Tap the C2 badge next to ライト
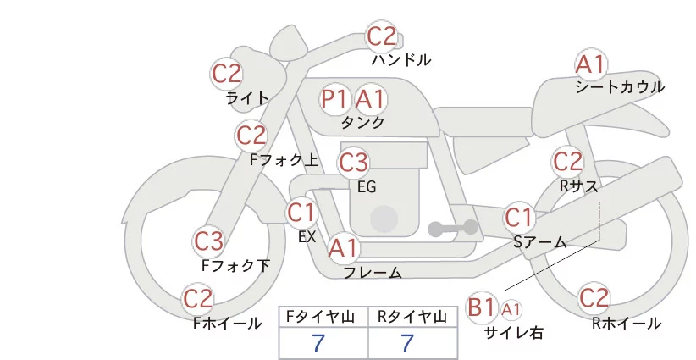227,73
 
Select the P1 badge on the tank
334,99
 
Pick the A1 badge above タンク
370,99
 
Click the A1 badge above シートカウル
590,64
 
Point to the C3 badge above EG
353,161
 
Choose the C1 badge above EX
301,211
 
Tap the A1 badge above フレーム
343,248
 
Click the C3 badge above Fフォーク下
208,241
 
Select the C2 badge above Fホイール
198,298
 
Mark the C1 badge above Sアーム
519,217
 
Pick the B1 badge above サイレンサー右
482,307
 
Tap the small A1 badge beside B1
511,308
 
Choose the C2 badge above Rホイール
594,298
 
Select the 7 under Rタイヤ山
407,343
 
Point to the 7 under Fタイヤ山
319,343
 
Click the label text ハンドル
401,60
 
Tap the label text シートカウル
619,87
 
